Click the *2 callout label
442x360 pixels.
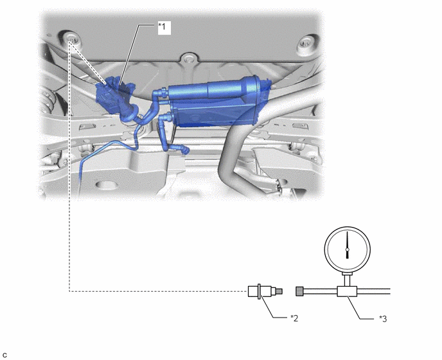click(x=294, y=318)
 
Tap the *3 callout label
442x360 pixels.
click(x=383, y=319)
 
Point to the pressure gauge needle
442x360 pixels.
click(x=348, y=245)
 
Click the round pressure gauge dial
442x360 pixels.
click(x=348, y=249)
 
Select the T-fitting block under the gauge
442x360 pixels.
click(x=347, y=291)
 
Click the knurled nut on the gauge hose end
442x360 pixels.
click(x=299, y=291)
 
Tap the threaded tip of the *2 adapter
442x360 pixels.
click(x=279, y=291)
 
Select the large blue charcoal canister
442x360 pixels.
click(x=217, y=102)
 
